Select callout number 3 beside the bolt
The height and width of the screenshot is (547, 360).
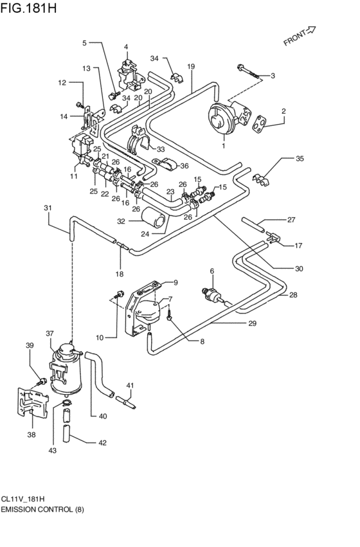(x=272, y=76)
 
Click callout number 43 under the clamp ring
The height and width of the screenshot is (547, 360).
(x=53, y=451)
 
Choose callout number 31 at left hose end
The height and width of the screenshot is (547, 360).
(x=48, y=208)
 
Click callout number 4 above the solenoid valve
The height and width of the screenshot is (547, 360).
(x=126, y=47)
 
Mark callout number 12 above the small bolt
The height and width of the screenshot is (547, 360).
(x=62, y=83)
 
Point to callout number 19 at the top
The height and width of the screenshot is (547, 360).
(x=191, y=66)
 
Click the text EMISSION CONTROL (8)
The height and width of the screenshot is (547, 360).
(x=42, y=508)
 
